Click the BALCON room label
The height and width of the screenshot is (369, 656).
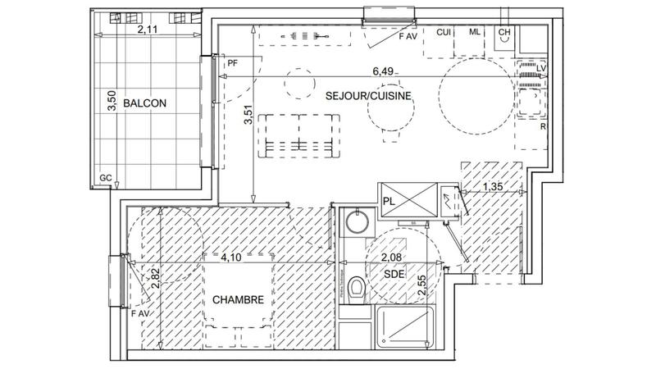pyautogui.click(x=145, y=104)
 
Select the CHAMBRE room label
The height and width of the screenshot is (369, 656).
pyautogui.click(x=238, y=300)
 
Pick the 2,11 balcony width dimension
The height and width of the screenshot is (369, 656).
pyautogui.click(x=148, y=30)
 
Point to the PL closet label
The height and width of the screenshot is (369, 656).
pyautogui.click(x=389, y=198)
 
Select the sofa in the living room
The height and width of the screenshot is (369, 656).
pyautogui.click(x=298, y=135)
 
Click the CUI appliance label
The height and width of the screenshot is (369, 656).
pyautogui.click(x=444, y=32)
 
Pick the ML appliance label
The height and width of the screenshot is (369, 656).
pyautogui.click(x=475, y=32)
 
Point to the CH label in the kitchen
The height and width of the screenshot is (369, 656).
pyautogui.click(x=504, y=32)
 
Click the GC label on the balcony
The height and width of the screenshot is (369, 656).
pyautogui.click(x=106, y=177)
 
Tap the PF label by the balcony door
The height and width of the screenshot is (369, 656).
pyautogui.click(x=233, y=62)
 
